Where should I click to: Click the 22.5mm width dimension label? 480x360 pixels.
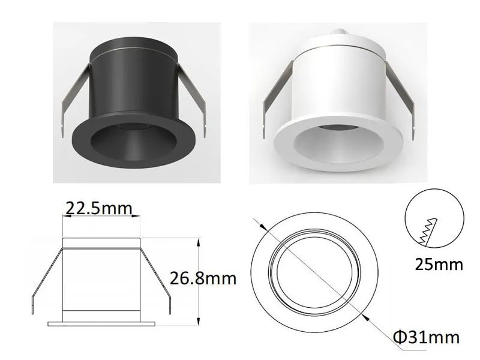pos(99,208)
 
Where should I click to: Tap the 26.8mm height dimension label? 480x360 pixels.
pos(203,278)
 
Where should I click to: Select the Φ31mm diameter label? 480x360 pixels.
pos(427,337)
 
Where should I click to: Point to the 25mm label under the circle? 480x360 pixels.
pos(439,264)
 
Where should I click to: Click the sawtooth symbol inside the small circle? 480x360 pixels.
pos(428,232)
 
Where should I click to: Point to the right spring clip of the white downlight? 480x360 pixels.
pos(400,97)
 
